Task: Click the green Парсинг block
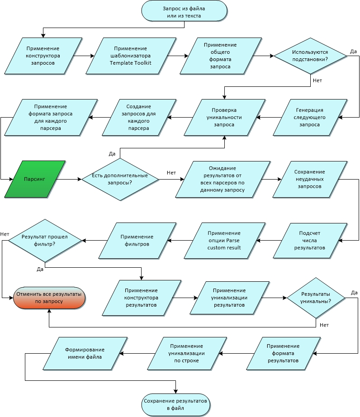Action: [x=35, y=179]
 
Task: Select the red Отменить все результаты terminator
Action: [x=49, y=298]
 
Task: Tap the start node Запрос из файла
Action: [x=184, y=11]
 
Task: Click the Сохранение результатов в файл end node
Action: [x=175, y=404]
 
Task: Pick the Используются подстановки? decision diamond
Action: [x=310, y=56]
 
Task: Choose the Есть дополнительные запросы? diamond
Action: [x=120, y=179]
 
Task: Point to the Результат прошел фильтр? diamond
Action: [x=45, y=241]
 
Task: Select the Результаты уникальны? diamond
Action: [x=316, y=298]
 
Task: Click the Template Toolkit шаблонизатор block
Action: [x=131, y=56]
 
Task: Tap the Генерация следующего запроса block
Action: [x=310, y=117]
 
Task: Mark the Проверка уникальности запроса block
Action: [x=224, y=117]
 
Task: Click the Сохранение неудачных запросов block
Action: [x=310, y=179]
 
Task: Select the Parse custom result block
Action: [x=224, y=241]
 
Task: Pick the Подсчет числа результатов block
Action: [x=310, y=241]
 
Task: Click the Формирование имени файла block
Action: [x=85, y=353]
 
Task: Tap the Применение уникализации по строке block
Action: [x=187, y=353]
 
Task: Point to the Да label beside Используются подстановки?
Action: [x=353, y=52]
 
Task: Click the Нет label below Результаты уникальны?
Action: [x=324, y=325]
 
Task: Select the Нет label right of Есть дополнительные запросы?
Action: [x=171, y=173]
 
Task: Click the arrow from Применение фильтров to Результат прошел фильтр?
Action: [x=95, y=241]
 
